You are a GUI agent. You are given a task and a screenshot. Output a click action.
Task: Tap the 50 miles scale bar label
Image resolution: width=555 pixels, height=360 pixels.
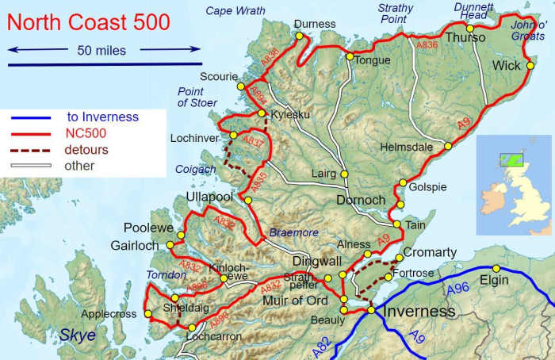tap(101, 50)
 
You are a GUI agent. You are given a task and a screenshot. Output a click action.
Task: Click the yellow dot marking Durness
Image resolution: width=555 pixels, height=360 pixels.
tap(299, 36)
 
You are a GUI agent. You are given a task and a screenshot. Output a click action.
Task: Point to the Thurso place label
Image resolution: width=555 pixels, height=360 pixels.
tap(466, 38)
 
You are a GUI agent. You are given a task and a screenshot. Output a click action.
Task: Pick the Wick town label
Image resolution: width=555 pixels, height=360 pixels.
tap(506, 65)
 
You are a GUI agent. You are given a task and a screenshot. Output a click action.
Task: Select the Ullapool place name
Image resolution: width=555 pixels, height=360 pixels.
tap(209, 197)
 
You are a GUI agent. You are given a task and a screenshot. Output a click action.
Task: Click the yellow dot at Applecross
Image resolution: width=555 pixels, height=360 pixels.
tap(148, 314)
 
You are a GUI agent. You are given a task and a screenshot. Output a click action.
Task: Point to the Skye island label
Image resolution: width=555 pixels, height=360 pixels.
tap(78, 335)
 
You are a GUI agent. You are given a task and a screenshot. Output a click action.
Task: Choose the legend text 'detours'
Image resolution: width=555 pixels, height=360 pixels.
tap(87, 149)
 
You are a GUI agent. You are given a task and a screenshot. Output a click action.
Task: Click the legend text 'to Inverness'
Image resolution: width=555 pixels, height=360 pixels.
tap(102, 117)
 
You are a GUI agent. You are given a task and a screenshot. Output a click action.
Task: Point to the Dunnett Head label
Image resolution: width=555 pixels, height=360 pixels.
tap(474, 12)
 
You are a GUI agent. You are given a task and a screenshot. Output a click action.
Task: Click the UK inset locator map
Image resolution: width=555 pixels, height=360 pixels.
tap(513, 185)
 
